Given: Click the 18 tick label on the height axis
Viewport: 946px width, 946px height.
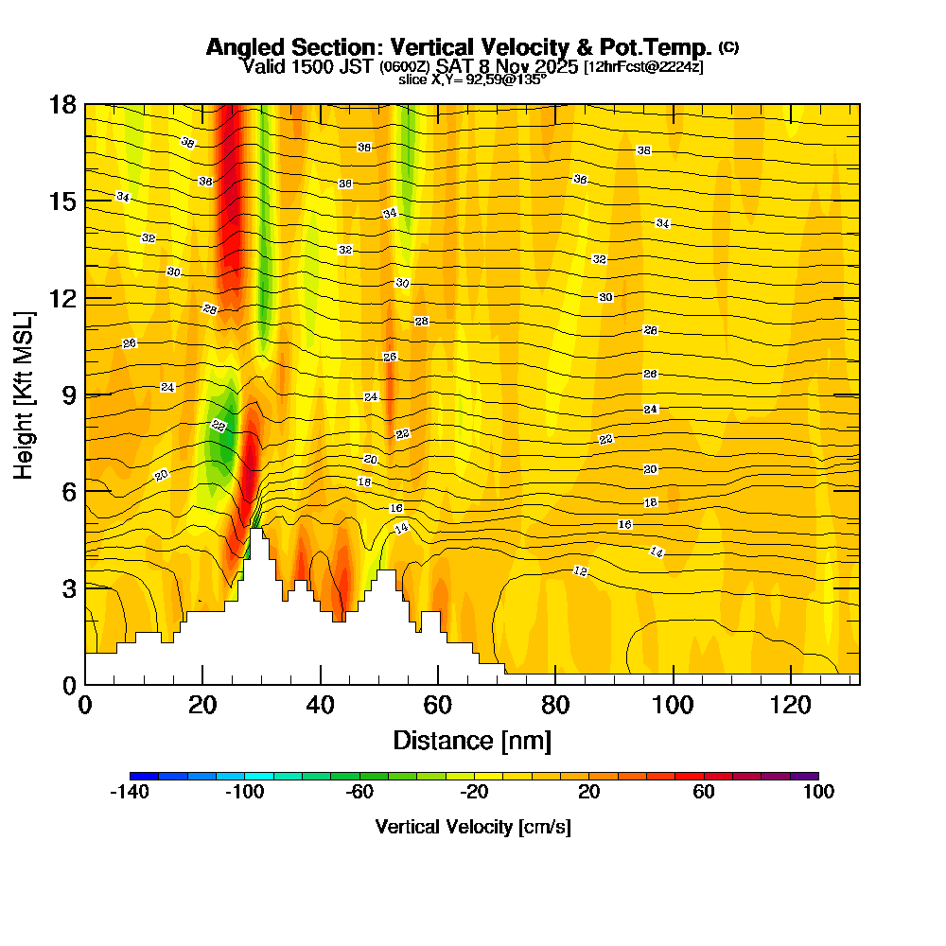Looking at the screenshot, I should coord(62,104).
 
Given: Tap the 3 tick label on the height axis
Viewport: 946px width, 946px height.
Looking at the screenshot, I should coord(68,587).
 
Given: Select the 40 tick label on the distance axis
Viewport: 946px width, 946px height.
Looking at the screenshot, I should coord(321,705).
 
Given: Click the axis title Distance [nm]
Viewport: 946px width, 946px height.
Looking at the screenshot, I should coord(472,740).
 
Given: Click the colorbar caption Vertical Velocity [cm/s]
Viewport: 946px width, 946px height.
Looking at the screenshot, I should coord(473,827).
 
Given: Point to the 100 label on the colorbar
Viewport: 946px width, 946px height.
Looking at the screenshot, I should coord(818,793).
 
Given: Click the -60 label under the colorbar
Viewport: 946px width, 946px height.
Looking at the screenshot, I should coord(359,793).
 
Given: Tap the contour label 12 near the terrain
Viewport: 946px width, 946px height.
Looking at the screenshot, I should coord(581,570).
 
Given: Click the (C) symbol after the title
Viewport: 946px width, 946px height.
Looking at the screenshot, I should coord(729,46).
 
